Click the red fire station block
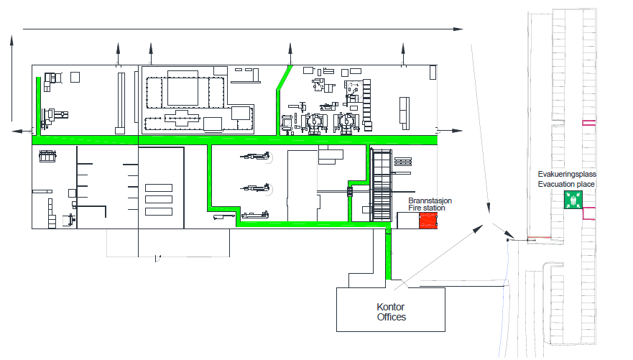coord(428,221)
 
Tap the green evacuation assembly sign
coord(573,200)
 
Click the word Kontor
coord(390,307)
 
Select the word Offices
coord(391,317)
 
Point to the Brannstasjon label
coord(430,200)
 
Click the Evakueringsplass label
coord(567,174)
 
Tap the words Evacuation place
coord(566,184)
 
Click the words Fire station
coord(426,208)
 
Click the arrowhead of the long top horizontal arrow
coord(458,29)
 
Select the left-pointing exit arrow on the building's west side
coord(22,131)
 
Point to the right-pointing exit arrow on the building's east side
coord(450,131)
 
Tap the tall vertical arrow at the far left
coord(11,78)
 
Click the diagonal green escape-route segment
coord(285,77)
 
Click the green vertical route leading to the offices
coord(388,254)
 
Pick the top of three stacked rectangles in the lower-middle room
coord(159,188)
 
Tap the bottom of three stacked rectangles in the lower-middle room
coord(159,211)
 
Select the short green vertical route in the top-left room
coord(38,106)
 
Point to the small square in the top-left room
coord(75,77)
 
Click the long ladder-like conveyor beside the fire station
coord(382,185)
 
